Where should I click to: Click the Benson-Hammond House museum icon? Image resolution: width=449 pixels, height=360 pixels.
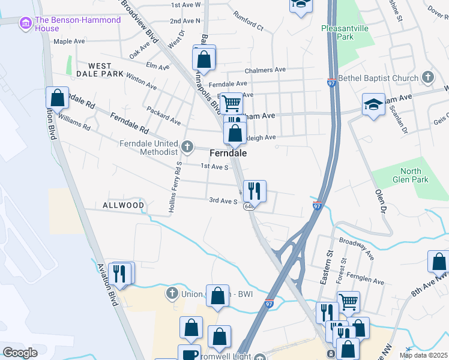point(26,24)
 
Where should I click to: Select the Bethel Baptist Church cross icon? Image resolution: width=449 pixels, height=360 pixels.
point(427,78)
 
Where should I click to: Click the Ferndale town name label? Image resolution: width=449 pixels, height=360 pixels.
point(228,154)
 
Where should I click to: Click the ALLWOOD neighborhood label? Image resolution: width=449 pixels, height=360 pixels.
point(124,205)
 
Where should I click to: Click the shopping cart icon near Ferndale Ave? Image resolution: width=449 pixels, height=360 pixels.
point(231,103)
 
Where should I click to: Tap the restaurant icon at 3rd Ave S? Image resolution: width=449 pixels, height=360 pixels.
point(255,191)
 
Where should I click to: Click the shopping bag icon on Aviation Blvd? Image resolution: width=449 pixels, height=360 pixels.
point(57,98)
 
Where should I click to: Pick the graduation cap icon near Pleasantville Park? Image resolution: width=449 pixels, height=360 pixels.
point(300,5)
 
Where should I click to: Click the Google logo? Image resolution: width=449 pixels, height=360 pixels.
point(20,353)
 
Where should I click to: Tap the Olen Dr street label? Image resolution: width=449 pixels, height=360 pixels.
point(380,202)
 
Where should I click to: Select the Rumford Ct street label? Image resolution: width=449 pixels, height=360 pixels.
point(249,22)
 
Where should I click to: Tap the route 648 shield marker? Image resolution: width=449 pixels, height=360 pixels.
point(247,207)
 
